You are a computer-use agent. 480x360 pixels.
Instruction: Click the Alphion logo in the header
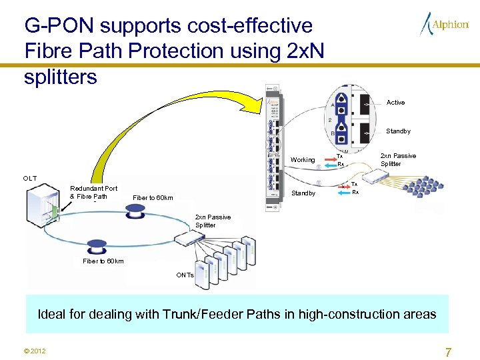pos(445,25)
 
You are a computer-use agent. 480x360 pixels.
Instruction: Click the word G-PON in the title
pos(55,26)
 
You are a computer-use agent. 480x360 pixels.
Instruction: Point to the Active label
pos(395,103)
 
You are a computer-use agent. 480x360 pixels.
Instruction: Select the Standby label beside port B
pos(398,131)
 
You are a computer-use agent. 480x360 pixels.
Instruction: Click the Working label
pos(303,160)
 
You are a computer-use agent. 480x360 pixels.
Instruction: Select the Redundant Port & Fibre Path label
pos(93,192)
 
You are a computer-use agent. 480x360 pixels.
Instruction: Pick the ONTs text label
pos(185,275)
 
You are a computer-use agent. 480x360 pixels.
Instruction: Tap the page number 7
pos(448,351)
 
